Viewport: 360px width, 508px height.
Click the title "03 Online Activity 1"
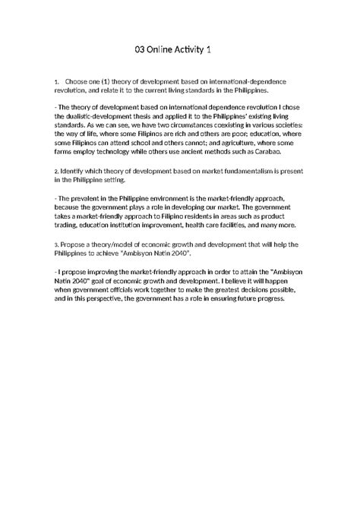coord(179,49)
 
